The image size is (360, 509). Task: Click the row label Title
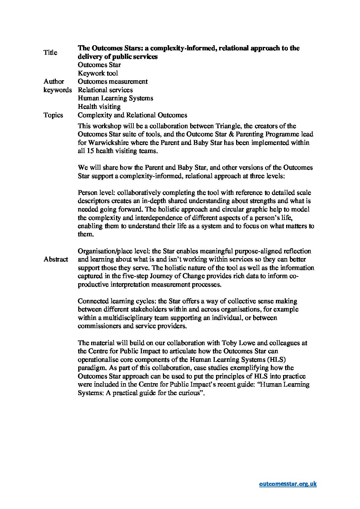50,52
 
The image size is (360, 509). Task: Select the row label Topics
53,115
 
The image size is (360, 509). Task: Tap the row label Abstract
56,259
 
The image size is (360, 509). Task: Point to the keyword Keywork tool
98,73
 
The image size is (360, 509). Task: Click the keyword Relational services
105,90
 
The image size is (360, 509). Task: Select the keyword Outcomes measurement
113,81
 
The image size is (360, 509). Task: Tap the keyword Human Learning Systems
115,98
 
